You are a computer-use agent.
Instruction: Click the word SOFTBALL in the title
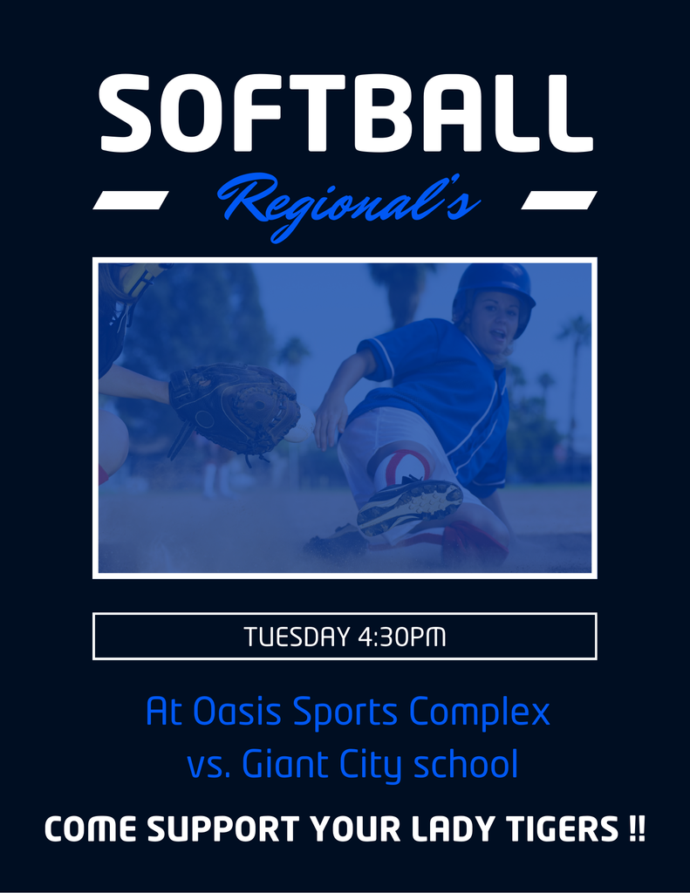(x=345, y=113)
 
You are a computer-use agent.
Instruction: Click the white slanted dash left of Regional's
(x=131, y=200)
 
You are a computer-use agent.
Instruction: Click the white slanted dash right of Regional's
(x=559, y=200)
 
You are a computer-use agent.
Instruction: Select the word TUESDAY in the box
(x=297, y=637)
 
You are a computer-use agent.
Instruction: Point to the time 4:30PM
(x=401, y=637)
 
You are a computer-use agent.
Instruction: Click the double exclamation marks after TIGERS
(x=639, y=828)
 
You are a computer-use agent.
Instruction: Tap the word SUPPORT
(x=223, y=828)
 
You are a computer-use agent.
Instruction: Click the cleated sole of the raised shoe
(x=410, y=505)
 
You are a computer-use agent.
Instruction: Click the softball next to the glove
(x=302, y=426)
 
